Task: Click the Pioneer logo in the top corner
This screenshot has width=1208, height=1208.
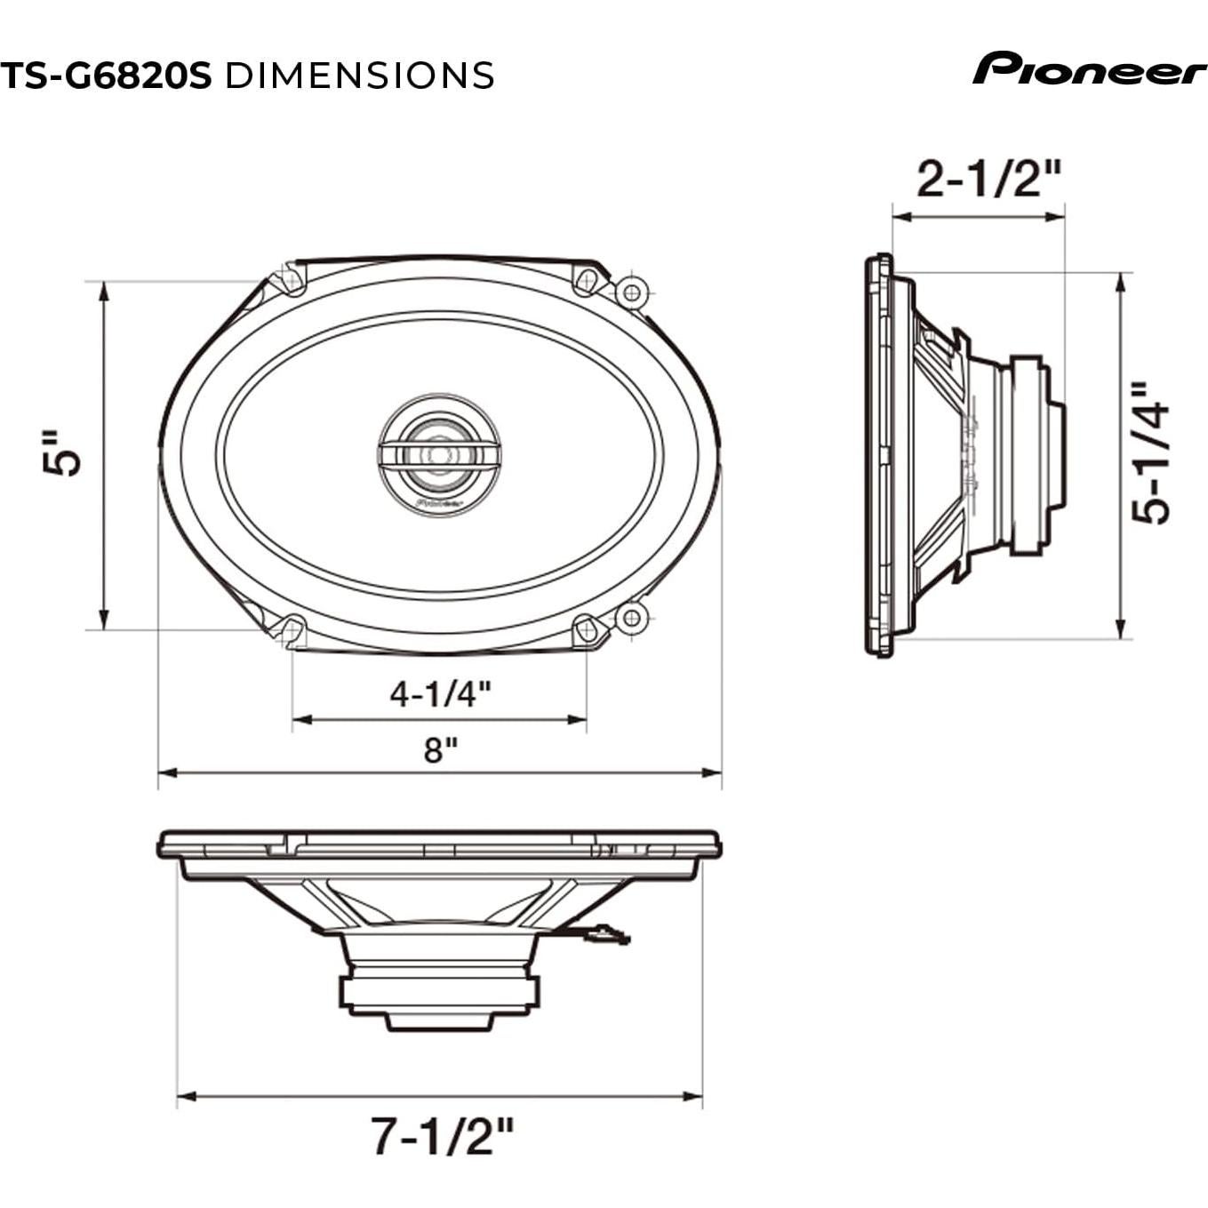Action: point(1089,68)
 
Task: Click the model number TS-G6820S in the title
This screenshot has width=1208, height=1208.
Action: point(106,76)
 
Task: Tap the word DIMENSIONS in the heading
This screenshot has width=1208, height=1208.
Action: point(359,76)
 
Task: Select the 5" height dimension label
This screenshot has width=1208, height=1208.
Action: point(63,454)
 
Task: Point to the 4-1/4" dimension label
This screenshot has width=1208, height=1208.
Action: point(440,693)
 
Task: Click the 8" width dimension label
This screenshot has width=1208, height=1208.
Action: point(440,750)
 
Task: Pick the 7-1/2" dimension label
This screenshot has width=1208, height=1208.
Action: point(442,1136)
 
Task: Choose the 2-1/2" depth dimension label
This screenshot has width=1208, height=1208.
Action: point(988,180)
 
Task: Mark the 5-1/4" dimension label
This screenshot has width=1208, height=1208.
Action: point(1151,453)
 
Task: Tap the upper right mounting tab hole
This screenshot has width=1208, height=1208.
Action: point(631,292)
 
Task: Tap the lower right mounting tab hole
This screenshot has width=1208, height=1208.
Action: point(631,617)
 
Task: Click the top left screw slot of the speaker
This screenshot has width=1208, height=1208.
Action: point(290,279)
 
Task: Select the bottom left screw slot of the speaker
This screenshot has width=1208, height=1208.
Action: point(290,630)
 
